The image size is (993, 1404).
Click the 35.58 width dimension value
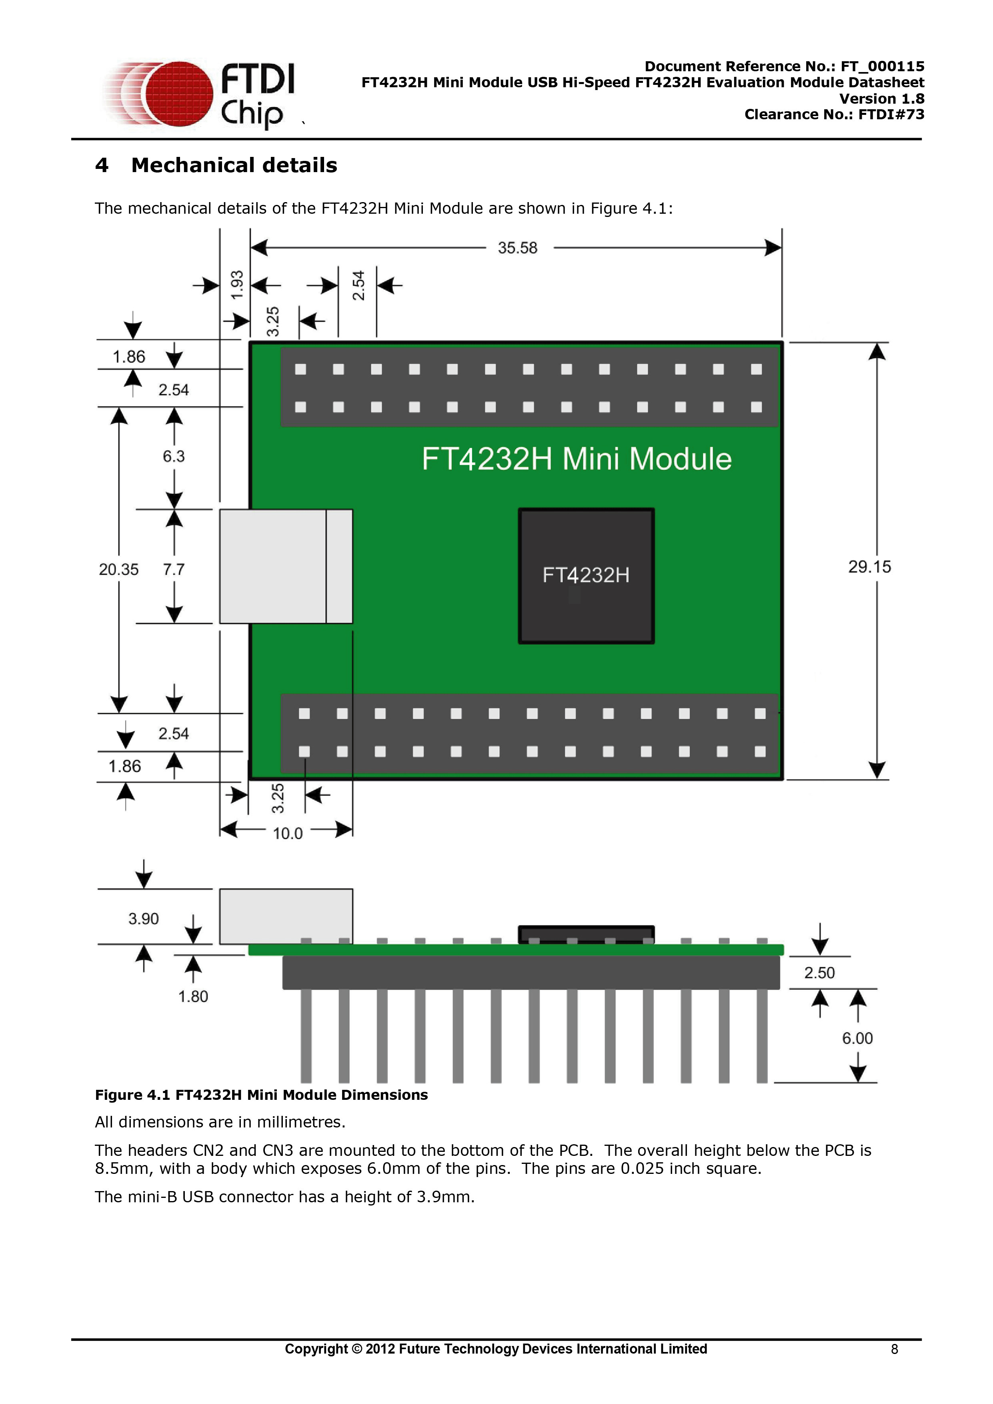click(517, 248)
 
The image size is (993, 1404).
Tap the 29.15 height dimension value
click(869, 567)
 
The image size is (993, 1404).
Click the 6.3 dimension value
click(174, 456)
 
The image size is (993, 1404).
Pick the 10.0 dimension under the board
click(287, 833)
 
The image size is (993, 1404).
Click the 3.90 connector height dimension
click(143, 919)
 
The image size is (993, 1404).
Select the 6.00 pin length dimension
click(857, 1038)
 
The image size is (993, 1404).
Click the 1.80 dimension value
click(192, 996)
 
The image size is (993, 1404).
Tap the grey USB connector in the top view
click(286, 566)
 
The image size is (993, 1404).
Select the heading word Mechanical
click(200, 165)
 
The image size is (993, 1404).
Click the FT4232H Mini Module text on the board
click(577, 459)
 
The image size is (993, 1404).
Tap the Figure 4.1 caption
click(261, 1095)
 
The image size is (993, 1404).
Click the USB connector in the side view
click(286, 916)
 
